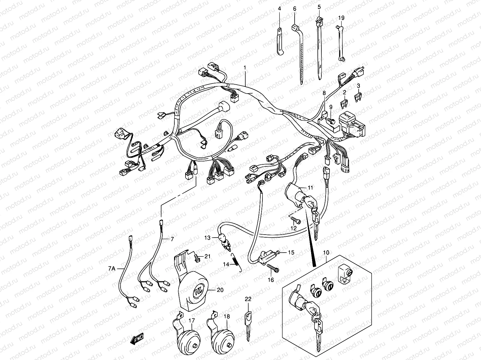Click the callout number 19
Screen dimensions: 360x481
tap(341, 18)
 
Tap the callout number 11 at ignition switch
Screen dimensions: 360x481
tap(311, 188)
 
